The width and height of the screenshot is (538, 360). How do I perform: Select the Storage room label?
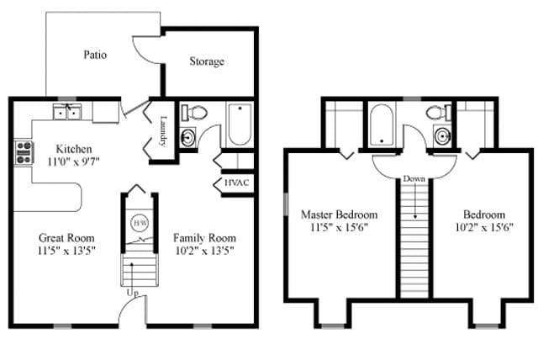pos(206,61)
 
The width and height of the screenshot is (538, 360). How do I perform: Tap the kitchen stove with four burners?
pos(24,152)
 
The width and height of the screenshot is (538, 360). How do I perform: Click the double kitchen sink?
pos(65,112)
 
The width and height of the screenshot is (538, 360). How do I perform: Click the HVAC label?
pos(235,183)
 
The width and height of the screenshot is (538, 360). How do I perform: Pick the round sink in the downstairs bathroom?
pos(187,138)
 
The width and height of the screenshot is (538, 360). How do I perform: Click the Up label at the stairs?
pos(132,294)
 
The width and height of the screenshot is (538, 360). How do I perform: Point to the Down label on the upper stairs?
pos(413,179)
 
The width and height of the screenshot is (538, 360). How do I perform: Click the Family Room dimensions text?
pos(204,250)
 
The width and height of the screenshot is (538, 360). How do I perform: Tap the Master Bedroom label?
pos(339,214)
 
